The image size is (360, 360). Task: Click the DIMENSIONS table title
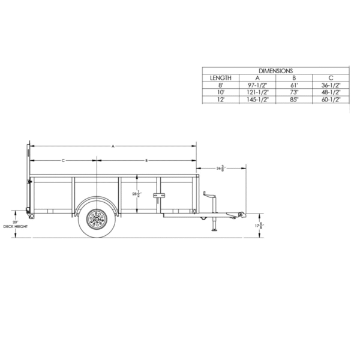click(277, 71)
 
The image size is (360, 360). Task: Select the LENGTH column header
click(220, 78)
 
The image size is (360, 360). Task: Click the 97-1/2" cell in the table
click(258, 85)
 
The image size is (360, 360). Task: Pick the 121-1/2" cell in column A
click(258, 92)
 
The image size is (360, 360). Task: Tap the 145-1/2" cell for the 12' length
click(258, 100)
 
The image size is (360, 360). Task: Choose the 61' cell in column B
click(295, 85)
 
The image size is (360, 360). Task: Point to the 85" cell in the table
click(295, 100)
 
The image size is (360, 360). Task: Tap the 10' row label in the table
click(220, 92)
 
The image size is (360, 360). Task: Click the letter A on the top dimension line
click(113, 145)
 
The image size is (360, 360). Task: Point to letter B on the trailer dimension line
click(146, 160)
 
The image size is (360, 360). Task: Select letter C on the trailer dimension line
click(62, 160)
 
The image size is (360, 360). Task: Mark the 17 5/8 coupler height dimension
click(260, 226)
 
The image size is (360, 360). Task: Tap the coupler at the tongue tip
click(241, 214)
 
